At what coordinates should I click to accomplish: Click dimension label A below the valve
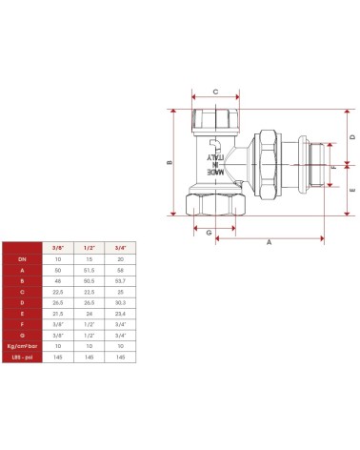click(x=269, y=243)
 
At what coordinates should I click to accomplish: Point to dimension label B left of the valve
click(x=170, y=162)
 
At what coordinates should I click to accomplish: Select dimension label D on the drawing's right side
click(x=351, y=137)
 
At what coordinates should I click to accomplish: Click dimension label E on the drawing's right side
click(x=351, y=190)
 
